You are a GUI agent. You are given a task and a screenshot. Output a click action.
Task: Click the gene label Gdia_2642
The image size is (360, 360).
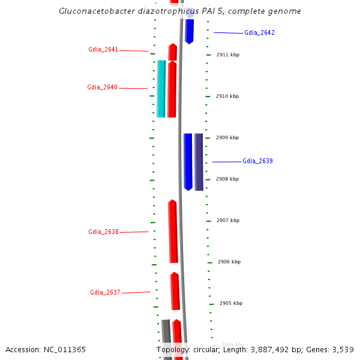pos(259,33)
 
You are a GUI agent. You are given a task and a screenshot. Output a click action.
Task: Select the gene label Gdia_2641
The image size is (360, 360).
pos(103,50)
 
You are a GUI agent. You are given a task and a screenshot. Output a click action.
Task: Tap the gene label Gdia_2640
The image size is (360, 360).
pos(102,88)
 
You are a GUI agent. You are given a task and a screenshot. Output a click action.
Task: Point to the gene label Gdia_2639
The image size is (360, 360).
pos(257,161)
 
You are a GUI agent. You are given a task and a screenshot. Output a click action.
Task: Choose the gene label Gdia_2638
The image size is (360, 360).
pos(103,232)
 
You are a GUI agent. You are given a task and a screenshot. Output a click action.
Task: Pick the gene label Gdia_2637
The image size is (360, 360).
pos(105,293)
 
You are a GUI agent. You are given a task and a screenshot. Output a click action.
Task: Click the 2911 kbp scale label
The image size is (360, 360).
pos(227,55)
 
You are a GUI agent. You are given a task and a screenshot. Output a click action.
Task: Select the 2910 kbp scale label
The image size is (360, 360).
pos(227,97)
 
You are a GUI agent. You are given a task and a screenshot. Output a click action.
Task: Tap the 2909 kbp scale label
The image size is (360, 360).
pos(227,138)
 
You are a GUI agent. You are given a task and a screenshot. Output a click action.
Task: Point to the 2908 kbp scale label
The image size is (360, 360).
pos(227,179)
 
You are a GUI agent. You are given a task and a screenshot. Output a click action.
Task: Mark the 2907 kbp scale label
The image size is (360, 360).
pos(228,221)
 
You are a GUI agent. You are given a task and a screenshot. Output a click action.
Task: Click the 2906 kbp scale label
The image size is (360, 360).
pos(229,262)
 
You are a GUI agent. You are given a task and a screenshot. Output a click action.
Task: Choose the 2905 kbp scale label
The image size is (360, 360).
pos(231,304)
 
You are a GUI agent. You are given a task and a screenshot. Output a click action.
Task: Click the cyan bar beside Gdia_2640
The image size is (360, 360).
pos(161,89)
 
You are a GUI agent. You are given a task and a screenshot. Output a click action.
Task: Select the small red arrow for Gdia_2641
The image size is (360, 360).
pos(173,52)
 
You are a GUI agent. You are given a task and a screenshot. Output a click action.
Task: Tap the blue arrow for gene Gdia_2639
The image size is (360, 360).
pos(188,161)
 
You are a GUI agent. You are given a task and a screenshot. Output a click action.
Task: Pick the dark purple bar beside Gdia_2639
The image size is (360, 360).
pos(199,161)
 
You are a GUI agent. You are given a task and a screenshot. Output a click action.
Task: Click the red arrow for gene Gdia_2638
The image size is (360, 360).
pos(173,232)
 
